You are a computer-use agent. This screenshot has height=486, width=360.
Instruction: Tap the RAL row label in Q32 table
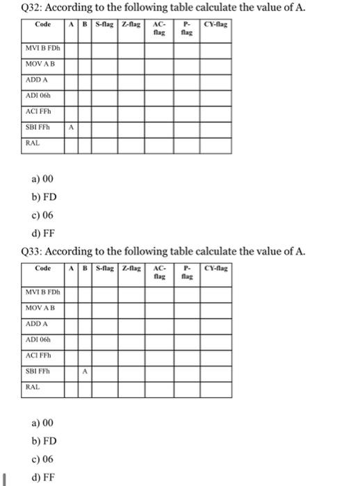[32, 143]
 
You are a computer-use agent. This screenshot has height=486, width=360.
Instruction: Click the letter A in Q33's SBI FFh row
[84, 371]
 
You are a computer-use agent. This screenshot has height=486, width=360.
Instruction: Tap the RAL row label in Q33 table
[32, 386]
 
